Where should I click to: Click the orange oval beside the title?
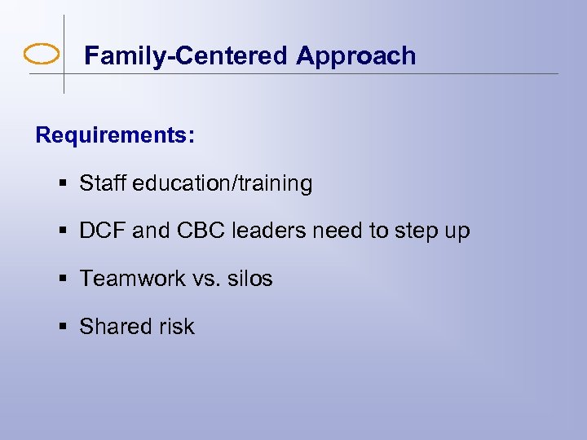tap(42, 55)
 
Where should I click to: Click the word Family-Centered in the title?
tap(186, 55)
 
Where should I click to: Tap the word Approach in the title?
tap(356, 55)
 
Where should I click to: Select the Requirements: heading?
tap(115, 135)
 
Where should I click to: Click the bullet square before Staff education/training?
tap(64, 184)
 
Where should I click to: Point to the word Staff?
tap(101, 183)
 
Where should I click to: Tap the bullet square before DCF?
tap(64, 231)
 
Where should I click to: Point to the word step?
tap(414, 232)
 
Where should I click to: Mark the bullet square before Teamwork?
tap(64, 279)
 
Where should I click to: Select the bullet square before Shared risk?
tap(64, 327)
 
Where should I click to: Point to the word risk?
tap(176, 326)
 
